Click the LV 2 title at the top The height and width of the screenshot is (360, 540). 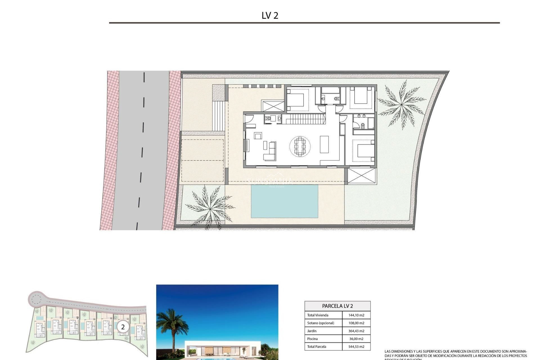click(x=270, y=15)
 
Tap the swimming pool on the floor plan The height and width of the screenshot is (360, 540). click(x=284, y=201)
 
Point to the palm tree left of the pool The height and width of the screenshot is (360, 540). click(x=210, y=207)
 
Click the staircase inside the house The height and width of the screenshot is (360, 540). click(x=304, y=119)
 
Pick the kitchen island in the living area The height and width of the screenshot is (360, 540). click(x=324, y=144)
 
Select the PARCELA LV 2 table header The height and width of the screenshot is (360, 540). click(x=337, y=306)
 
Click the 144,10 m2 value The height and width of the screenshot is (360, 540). click(x=356, y=315)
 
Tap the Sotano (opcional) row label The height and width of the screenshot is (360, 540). click(x=321, y=323)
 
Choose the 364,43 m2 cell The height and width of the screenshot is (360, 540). click(x=356, y=331)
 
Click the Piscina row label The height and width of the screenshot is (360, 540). click(x=312, y=339)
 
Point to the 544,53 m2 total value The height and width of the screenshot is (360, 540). click(x=356, y=347)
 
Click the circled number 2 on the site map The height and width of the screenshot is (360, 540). click(x=123, y=327)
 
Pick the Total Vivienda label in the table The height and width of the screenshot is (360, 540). click(x=318, y=315)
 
